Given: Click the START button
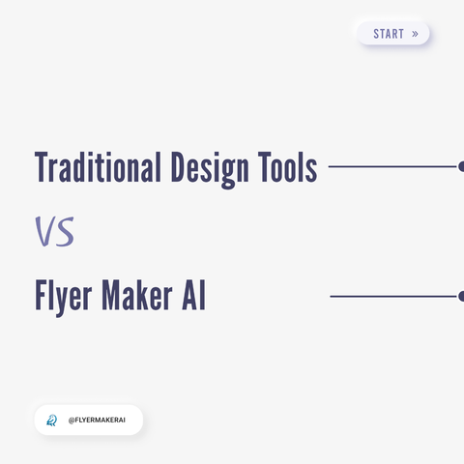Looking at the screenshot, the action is click(x=393, y=33).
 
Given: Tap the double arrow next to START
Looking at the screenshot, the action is click(x=415, y=34).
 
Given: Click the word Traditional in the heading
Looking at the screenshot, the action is click(x=98, y=167).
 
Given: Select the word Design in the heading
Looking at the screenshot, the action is click(x=210, y=170).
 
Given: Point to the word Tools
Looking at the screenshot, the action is click(x=288, y=167).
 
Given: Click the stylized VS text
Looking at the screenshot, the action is click(x=54, y=231).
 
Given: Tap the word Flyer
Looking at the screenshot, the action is click(x=64, y=298).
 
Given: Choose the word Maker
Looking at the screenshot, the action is click(x=137, y=296).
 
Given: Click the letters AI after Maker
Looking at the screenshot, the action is click(x=193, y=296).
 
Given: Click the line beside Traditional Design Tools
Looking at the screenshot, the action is click(x=392, y=166).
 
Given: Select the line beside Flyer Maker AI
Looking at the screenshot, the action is click(x=393, y=296).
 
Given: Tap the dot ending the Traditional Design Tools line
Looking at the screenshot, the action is click(x=461, y=166).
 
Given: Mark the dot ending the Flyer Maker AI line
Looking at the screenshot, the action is click(x=461, y=296).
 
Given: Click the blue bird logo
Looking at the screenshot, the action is click(x=51, y=420).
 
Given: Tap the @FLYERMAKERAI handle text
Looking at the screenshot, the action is click(x=97, y=420).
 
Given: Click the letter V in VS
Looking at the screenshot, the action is click(x=44, y=231).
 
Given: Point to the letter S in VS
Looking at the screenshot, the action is click(x=65, y=232).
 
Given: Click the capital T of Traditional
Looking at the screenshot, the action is click(x=43, y=167).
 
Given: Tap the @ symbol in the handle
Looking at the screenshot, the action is click(x=72, y=420).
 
